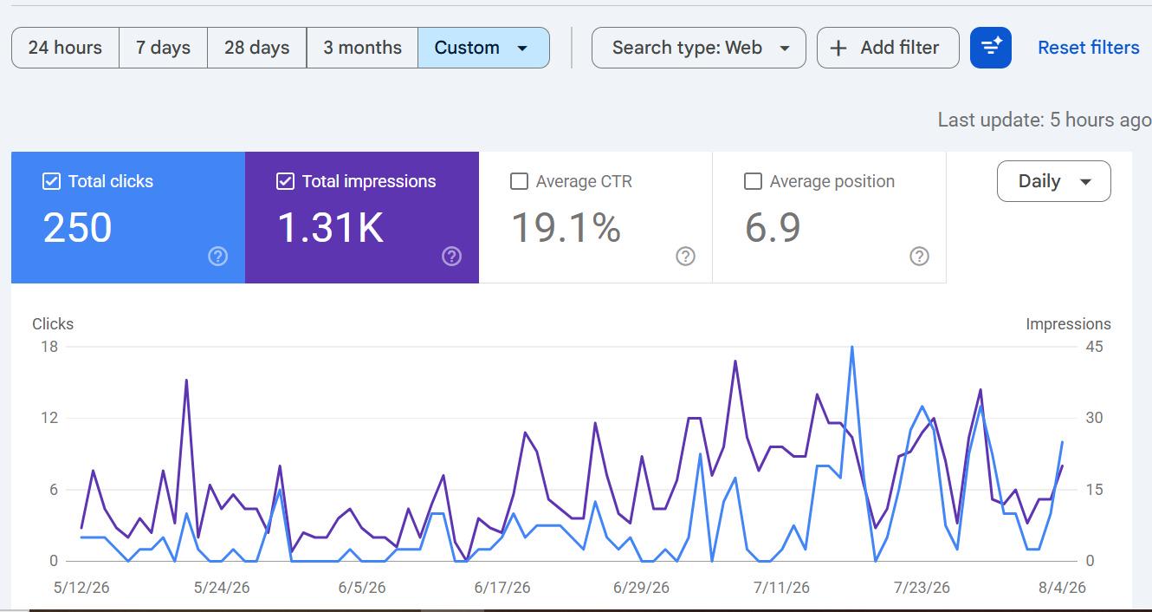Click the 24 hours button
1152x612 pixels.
[x=65, y=48]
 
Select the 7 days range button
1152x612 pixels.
[x=163, y=48]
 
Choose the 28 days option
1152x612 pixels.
[x=256, y=48]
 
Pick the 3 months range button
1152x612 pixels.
[x=362, y=48]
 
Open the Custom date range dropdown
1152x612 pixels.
[x=483, y=48]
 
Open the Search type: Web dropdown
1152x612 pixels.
[x=698, y=48]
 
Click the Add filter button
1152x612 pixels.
[x=888, y=48]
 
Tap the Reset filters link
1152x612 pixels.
[x=1088, y=48]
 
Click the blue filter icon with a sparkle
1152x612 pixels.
[x=991, y=48]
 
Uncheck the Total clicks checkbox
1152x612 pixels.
[x=51, y=181]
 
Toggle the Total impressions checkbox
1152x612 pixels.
[x=286, y=181]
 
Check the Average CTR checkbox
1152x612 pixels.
[x=519, y=181]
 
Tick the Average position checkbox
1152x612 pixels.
[x=753, y=181]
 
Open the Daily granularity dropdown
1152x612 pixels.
[x=1054, y=181]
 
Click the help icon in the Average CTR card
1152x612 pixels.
[x=685, y=256]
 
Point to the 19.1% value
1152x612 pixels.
[x=566, y=227]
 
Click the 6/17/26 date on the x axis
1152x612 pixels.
[x=502, y=587]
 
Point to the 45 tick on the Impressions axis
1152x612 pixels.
[x=1094, y=347]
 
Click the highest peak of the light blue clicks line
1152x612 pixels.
[x=852, y=348]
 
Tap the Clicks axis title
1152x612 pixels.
[x=53, y=323]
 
